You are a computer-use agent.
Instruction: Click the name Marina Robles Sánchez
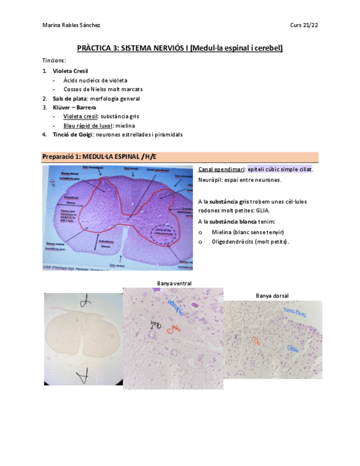click(x=71, y=25)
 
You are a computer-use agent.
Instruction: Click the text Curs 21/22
click(x=303, y=25)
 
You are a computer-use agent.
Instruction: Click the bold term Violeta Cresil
click(x=70, y=71)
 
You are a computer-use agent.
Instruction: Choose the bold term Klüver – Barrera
click(x=74, y=108)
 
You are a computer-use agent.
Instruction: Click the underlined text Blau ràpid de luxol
click(x=86, y=125)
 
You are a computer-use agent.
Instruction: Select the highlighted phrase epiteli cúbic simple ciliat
click(x=280, y=170)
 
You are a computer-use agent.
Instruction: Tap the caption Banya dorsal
click(x=272, y=296)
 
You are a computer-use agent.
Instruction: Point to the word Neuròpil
click(x=211, y=180)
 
